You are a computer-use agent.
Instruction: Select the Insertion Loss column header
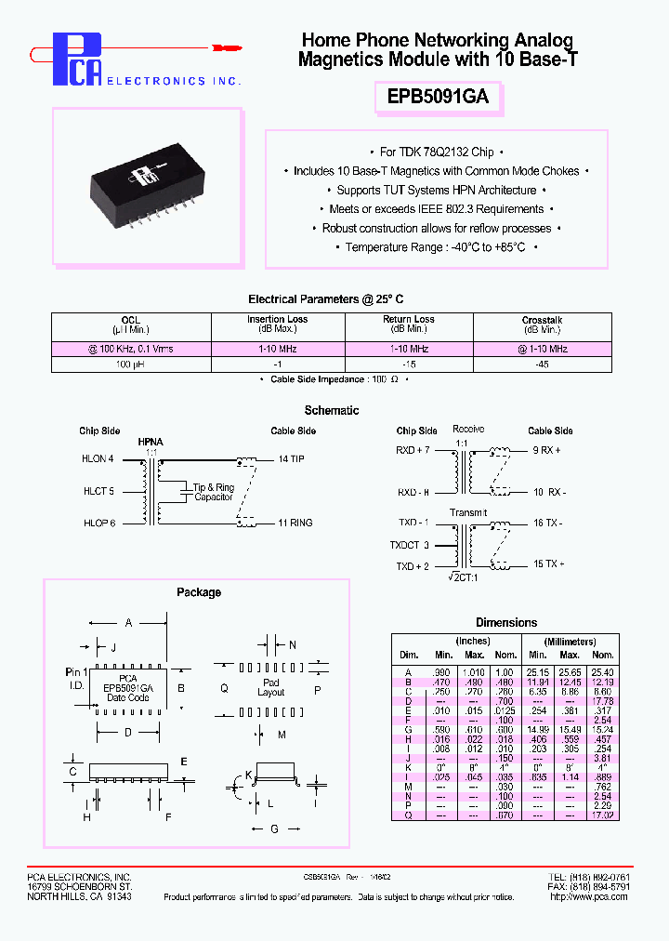279,320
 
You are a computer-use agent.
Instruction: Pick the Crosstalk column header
542,320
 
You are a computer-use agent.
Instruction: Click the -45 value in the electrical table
542,365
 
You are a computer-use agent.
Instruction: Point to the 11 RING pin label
295,523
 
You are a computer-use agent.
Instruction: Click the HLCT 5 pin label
98,491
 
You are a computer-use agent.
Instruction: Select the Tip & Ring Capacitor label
213,492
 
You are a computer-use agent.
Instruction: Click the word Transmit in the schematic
468,511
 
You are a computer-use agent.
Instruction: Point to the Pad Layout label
270,688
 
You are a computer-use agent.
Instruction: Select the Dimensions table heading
506,622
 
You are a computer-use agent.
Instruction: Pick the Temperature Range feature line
437,247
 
